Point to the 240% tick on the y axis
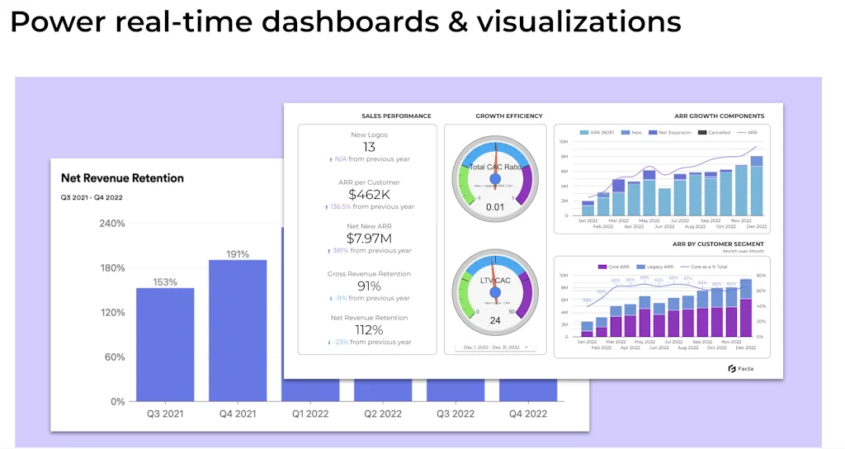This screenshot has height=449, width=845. pyautogui.click(x=111, y=223)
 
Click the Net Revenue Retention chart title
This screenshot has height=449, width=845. pyautogui.click(x=122, y=177)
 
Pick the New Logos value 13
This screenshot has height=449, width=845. pyautogui.click(x=369, y=147)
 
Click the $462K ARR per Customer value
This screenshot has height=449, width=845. pyautogui.click(x=369, y=195)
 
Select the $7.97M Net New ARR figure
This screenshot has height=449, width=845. pyautogui.click(x=369, y=239)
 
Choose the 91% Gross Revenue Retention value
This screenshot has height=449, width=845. pyautogui.click(x=369, y=286)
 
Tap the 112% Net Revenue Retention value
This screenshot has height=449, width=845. pyautogui.click(x=369, y=330)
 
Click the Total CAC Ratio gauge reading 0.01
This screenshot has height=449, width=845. pyautogui.click(x=495, y=206)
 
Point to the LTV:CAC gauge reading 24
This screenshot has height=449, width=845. pyautogui.click(x=495, y=320)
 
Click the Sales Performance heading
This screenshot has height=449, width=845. pyautogui.click(x=396, y=116)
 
